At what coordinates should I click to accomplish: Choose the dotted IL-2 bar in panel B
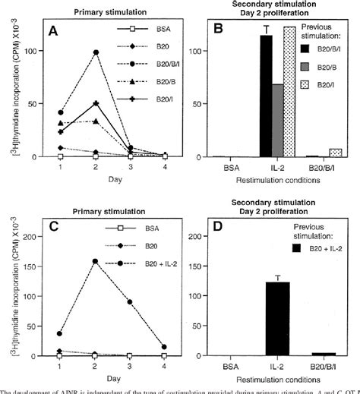290,92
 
